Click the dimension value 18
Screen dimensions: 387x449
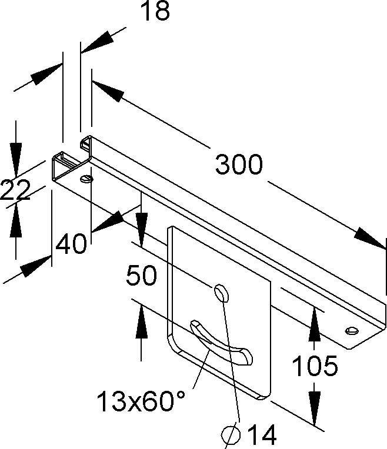[156, 11]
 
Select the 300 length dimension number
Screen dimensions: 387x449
[239, 165]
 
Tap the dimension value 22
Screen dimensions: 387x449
[15, 190]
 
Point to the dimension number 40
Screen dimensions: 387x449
[71, 244]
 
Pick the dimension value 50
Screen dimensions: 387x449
[141, 275]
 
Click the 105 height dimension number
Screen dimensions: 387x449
[315, 366]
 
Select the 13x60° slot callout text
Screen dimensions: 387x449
[141, 401]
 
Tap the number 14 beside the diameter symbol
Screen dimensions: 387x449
[262, 434]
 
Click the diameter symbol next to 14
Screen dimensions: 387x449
[231, 435]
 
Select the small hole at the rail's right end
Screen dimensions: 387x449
[352, 330]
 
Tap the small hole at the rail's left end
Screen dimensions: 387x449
[86, 179]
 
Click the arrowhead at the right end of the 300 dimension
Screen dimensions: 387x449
[371, 238]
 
